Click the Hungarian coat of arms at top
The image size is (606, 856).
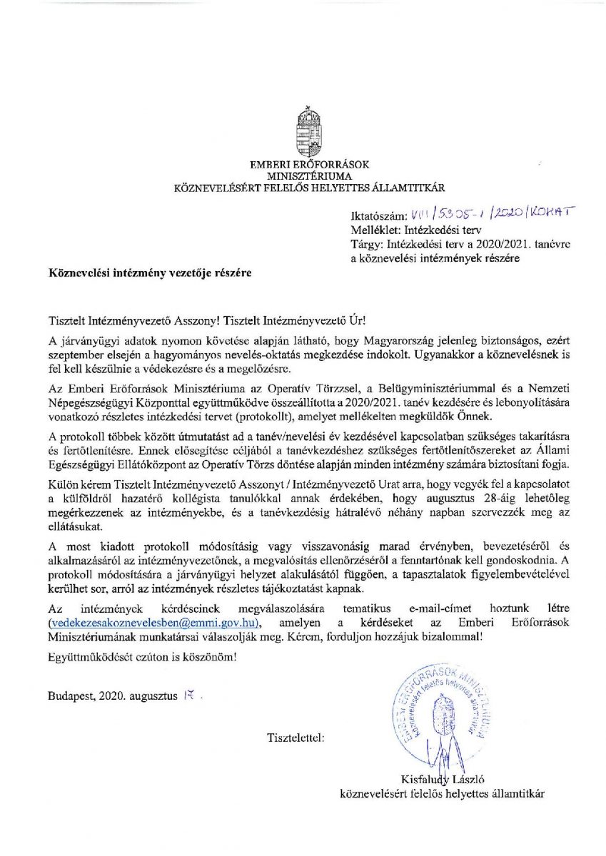pyautogui.click(x=309, y=132)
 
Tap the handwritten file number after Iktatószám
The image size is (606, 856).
pyautogui.click(x=490, y=213)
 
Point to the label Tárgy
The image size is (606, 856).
pyautogui.click(x=365, y=245)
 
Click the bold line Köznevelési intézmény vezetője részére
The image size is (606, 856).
pyautogui.click(x=150, y=272)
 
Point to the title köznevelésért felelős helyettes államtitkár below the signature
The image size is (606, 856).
pyautogui.click(x=443, y=793)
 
